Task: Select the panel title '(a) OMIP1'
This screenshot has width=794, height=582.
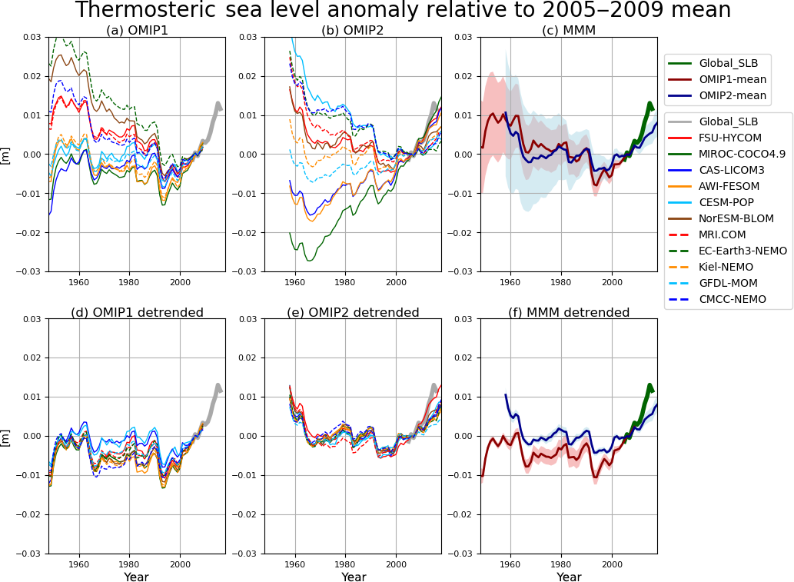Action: (136, 30)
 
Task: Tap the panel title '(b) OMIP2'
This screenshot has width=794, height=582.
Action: (353, 30)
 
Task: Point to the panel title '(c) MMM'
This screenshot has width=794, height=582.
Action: (569, 30)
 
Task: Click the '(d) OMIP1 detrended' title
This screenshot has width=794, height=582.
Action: (137, 312)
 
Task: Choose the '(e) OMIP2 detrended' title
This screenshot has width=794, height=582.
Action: (353, 312)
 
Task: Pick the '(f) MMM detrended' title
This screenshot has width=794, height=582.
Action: (569, 312)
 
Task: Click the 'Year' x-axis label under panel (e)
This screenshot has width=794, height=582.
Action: (354, 577)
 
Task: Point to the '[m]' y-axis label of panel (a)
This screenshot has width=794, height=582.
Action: (6, 155)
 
